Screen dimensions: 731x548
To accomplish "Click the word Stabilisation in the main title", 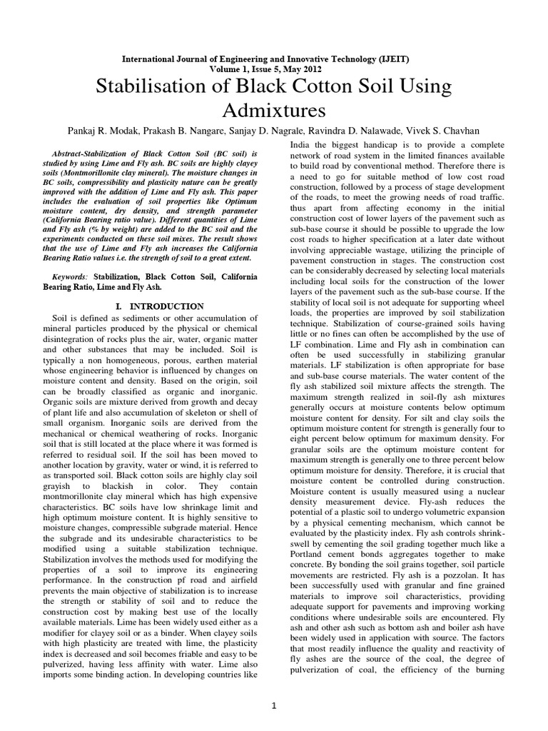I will pos(156,87).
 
